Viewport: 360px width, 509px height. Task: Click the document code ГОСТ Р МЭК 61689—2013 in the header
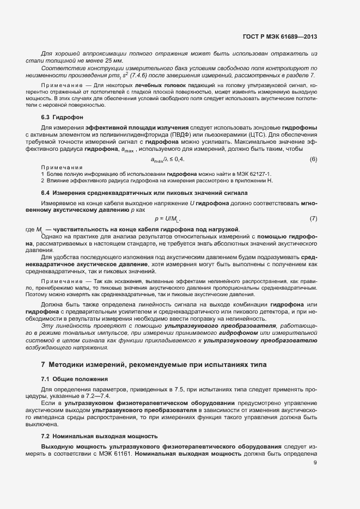(x=279, y=36)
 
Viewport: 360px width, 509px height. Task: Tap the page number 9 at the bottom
(x=315, y=463)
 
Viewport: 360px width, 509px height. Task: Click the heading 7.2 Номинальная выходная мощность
(x=100, y=437)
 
